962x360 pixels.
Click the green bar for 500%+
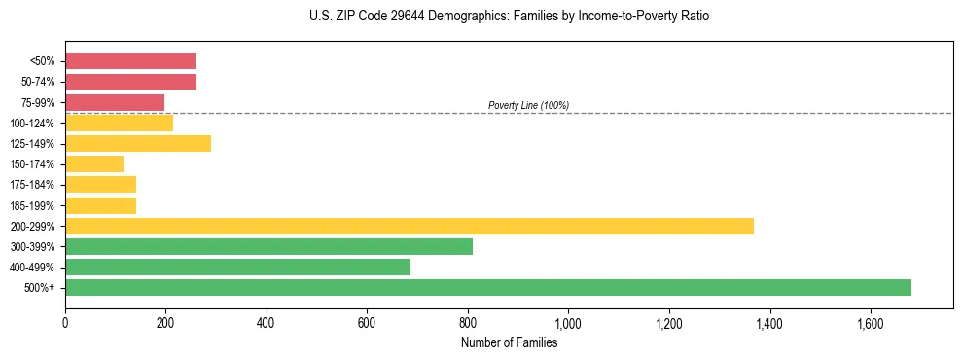coord(488,287)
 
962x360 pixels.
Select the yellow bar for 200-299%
coord(410,226)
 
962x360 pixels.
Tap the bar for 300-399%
coord(268,246)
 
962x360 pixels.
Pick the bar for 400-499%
coord(237,267)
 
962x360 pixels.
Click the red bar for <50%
coord(130,61)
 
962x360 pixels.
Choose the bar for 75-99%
coord(115,102)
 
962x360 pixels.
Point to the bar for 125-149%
coord(138,143)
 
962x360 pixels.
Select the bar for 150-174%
coord(94,163)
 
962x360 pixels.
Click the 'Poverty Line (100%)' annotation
coord(528,105)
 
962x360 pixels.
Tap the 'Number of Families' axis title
coord(509,342)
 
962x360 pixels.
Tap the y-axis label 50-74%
coord(40,82)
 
